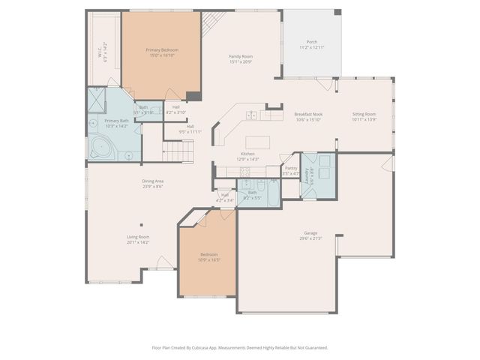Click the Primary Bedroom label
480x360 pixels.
click(x=162, y=52)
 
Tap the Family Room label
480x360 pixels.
click(x=241, y=59)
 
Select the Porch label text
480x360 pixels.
click(x=311, y=44)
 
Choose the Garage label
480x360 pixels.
click(x=310, y=235)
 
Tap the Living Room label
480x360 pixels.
click(x=138, y=239)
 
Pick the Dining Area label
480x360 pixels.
click(x=153, y=184)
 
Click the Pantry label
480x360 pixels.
click(x=291, y=171)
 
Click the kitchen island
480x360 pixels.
click(x=259, y=142)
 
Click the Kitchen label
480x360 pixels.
click(x=247, y=156)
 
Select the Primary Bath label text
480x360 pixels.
click(x=116, y=123)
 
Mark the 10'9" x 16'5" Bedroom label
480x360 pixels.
click(x=208, y=256)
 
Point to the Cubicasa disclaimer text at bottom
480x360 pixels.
click(x=240, y=348)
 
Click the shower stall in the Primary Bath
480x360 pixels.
click(x=97, y=101)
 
